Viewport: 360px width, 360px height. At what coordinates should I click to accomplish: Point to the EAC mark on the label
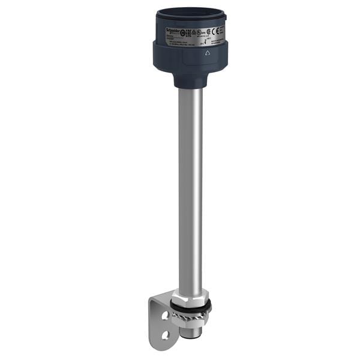point(185,29)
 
